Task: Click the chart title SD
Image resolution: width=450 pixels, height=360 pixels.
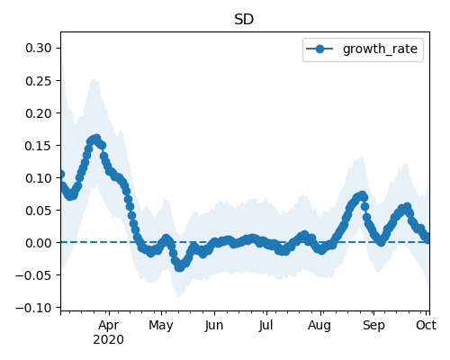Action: [244, 20]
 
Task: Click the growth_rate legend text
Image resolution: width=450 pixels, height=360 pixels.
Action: [380, 49]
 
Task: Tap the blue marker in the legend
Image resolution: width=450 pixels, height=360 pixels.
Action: [319, 49]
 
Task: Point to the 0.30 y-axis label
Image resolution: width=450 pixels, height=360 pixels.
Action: [39, 48]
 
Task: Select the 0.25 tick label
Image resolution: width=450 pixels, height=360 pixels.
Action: [39, 81]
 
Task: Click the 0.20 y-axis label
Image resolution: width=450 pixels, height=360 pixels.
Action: [39, 113]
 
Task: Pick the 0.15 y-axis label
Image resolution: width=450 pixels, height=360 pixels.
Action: [39, 146]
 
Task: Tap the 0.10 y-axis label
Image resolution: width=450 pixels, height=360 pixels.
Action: [39, 178]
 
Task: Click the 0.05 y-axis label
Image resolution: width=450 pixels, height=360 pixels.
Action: [39, 211]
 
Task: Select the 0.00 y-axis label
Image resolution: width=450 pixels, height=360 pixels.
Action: [39, 243]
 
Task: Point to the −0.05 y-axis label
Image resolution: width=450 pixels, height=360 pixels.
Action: [33, 275]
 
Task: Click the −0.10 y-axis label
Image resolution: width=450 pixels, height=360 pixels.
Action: [33, 308]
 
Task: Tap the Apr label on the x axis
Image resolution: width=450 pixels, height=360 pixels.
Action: [109, 326]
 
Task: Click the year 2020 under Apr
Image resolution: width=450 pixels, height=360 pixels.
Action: [108, 340]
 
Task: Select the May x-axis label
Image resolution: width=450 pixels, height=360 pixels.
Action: [161, 326]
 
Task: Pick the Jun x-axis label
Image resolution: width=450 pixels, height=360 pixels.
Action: [214, 326]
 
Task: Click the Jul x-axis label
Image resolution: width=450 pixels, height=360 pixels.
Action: [266, 326]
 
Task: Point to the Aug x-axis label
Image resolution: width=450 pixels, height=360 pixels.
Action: [319, 326]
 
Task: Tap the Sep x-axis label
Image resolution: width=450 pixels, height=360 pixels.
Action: [373, 326]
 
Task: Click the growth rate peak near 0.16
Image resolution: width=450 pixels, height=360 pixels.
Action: [96, 139]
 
